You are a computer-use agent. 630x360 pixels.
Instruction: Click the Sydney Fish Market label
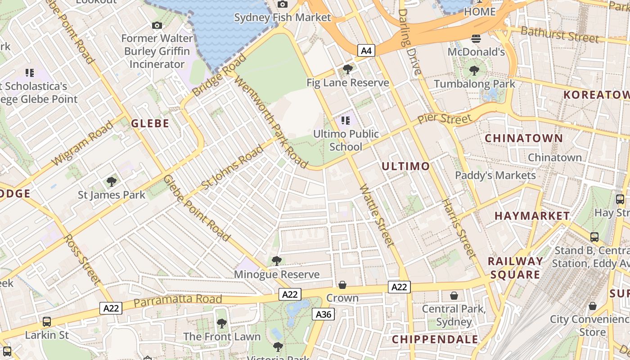[x=282, y=18]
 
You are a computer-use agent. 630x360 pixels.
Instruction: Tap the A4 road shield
[x=366, y=50]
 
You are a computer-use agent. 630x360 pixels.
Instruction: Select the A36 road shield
[x=324, y=314]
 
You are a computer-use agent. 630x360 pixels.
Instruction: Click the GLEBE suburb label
[x=150, y=123]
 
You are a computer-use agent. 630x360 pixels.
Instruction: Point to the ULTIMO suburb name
[x=405, y=166]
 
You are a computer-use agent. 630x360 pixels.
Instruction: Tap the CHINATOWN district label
[x=523, y=138]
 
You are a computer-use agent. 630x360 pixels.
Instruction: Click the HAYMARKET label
[x=532, y=216]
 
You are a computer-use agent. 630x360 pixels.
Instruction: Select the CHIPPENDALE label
[x=435, y=339]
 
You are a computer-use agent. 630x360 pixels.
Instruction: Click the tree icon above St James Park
[x=111, y=182]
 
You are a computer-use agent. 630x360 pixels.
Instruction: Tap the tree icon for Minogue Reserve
[x=276, y=261]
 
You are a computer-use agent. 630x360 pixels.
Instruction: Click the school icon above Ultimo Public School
[x=346, y=121]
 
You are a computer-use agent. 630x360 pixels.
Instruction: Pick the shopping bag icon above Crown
[x=342, y=285]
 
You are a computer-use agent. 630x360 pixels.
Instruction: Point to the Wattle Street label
[x=377, y=216]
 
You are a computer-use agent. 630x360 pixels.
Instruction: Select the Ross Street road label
[x=82, y=258]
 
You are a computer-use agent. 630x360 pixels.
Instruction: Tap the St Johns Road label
[x=232, y=167]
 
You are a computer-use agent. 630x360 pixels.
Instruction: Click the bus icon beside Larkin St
[x=46, y=321]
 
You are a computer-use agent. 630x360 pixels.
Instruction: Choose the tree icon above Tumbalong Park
[x=474, y=70]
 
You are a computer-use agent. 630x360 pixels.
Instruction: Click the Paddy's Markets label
[x=495, y=175]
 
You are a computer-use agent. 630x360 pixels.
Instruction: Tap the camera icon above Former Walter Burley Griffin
[x=157, y=26]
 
